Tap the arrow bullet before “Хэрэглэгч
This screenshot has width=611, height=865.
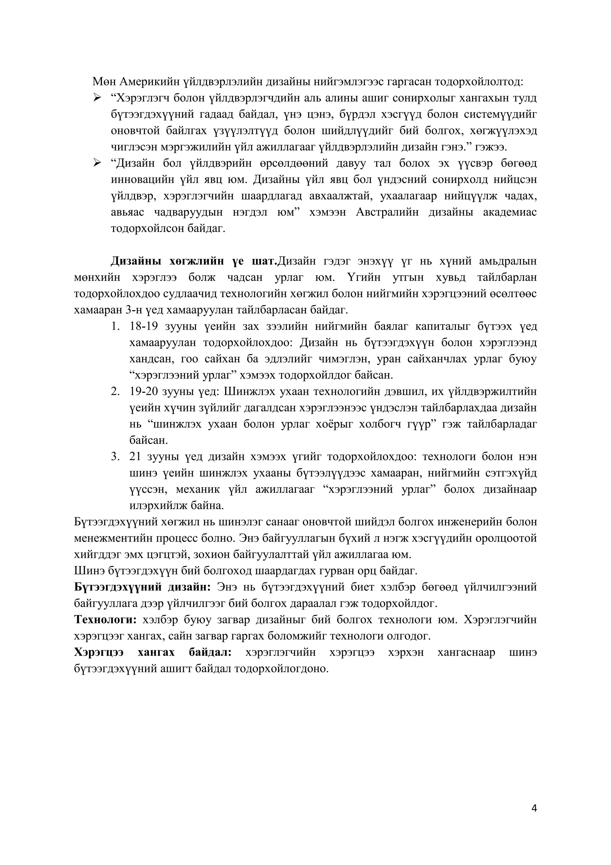pyautogui.click(x=97, y=98)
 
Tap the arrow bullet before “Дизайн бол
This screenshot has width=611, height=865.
pyautogui.click(x=97, y=163)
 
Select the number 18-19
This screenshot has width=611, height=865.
pyautogui.click(x=144, y=326)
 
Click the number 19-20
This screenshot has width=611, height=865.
pyautogui.click(x=144, y=391)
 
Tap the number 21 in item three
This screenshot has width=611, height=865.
pyautogui.click(x=135, y=457)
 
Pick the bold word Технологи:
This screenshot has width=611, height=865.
pyautogui.click(x=107, y=620)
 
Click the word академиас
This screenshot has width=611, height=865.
pyautogui.click(x=510, y=212)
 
